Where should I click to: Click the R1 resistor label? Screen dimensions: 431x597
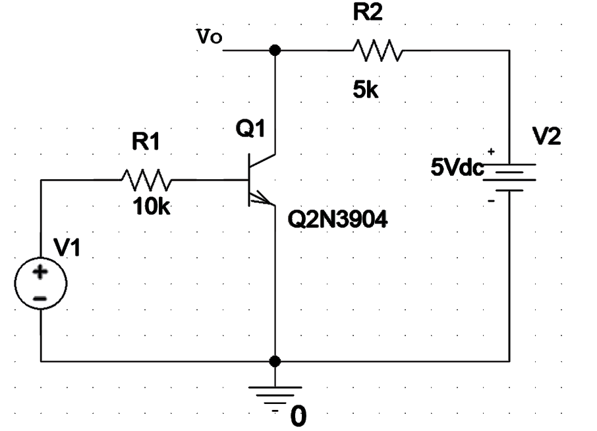pyautogui.click(x=146, y=143)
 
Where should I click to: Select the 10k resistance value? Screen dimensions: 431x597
pyautogui.click(x=150, y=208)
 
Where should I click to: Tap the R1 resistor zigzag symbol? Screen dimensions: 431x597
pyautogui.click(x=146, y=178)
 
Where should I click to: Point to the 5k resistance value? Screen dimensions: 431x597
pyautogui.click(x=365, y=91)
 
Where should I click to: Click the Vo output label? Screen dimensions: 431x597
pyautogui.click(x=211, y=38)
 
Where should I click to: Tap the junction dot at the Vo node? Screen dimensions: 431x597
pyautogui.click(x=275, y=49)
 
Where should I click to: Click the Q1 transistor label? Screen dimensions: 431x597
pyautogui.click(x=251, y=130)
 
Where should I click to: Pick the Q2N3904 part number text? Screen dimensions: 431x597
pyautogui.click(x=338, y=220)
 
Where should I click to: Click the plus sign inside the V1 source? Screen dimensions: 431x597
pyautogui.click(x=40, y=270)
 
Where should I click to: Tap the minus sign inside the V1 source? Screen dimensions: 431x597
pyautogui.click(x=40, y=298)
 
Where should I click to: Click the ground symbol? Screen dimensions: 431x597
pyautogui.click(x=275, y=393)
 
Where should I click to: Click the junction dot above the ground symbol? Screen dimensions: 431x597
pyautogui.click(x=275, y=361)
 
